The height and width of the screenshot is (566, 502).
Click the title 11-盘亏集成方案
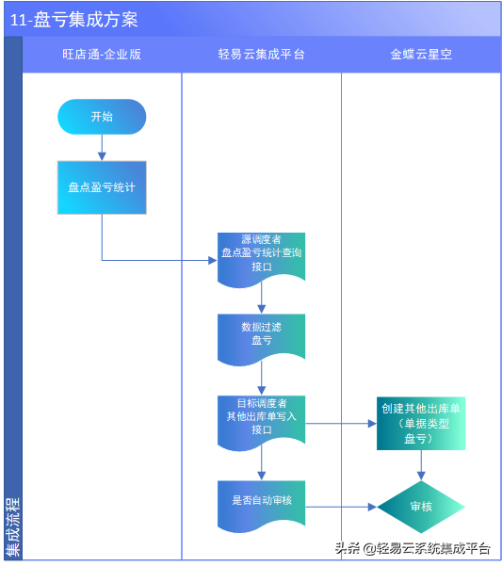(74, 20)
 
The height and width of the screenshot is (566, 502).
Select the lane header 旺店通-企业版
(102, 55)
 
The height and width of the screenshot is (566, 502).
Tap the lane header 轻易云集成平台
(261, 55)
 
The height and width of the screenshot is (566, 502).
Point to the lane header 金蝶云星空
(421, 55)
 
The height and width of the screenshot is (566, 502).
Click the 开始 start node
(102, 117)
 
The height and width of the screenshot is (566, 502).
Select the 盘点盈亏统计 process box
(102, 186)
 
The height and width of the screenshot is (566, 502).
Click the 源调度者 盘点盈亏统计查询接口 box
(261, 253)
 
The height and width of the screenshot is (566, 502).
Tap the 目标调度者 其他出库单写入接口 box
(261, 415)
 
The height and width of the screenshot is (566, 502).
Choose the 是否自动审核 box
(261, 500)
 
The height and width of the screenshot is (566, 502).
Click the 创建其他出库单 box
(421, 423)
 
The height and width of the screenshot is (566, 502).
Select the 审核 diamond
(421, 507)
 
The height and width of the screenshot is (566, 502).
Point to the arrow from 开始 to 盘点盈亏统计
(102, 147)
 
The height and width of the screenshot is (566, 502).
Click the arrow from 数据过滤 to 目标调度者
(261, 378)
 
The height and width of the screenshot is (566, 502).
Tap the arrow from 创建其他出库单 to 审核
(421, 465)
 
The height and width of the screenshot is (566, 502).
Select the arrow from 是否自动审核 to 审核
(340, 507)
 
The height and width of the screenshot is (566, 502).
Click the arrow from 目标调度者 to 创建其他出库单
(340, 423)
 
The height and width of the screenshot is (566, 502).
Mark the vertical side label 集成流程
(12, 527)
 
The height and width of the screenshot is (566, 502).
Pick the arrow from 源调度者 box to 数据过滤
(261, 298)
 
